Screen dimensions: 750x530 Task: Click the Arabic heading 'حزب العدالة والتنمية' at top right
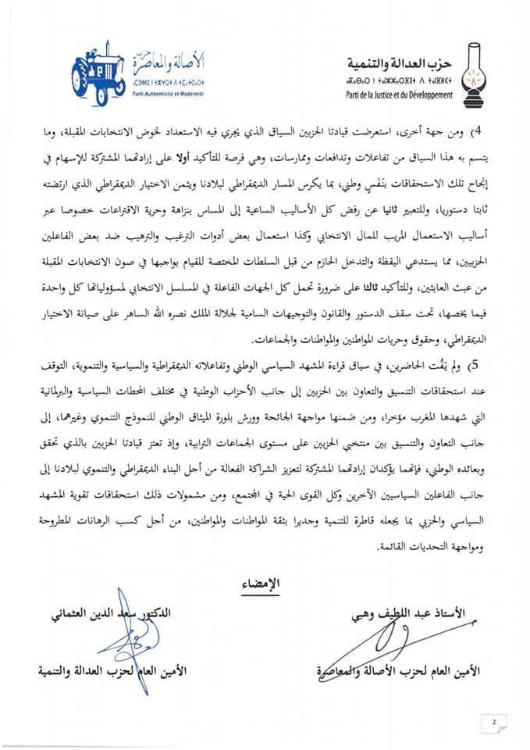(x=404, y=62)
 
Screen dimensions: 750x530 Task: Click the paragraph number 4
(x=483, y=127)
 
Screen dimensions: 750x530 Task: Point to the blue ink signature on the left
(x=116, y=642)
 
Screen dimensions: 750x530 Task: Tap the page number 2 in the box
(x=493, y=722)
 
